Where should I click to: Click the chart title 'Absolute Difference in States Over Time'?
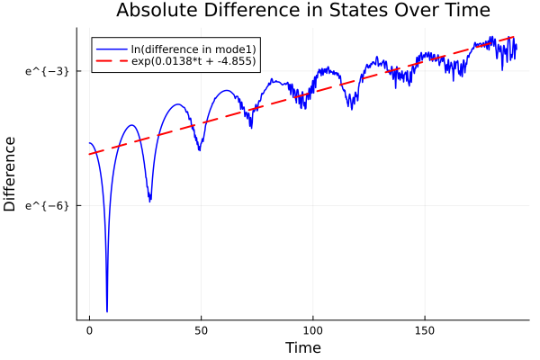tap(302, 12)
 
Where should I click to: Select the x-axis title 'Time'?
tap(302, 347)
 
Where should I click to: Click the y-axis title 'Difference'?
tap(11, 174)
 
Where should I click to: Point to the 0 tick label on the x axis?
tap(89, 331)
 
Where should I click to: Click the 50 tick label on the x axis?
tap(201, 331)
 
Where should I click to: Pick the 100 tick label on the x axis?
tap(312, 331)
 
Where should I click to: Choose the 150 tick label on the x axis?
tap(424, 331)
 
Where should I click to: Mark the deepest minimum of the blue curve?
tap(107, 311)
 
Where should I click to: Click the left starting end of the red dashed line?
tap(89, 154)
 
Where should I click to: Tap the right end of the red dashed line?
tap(514, 37)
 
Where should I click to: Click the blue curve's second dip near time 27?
tap(149, 201)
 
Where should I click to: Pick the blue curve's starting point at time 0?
tap(89, 143)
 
